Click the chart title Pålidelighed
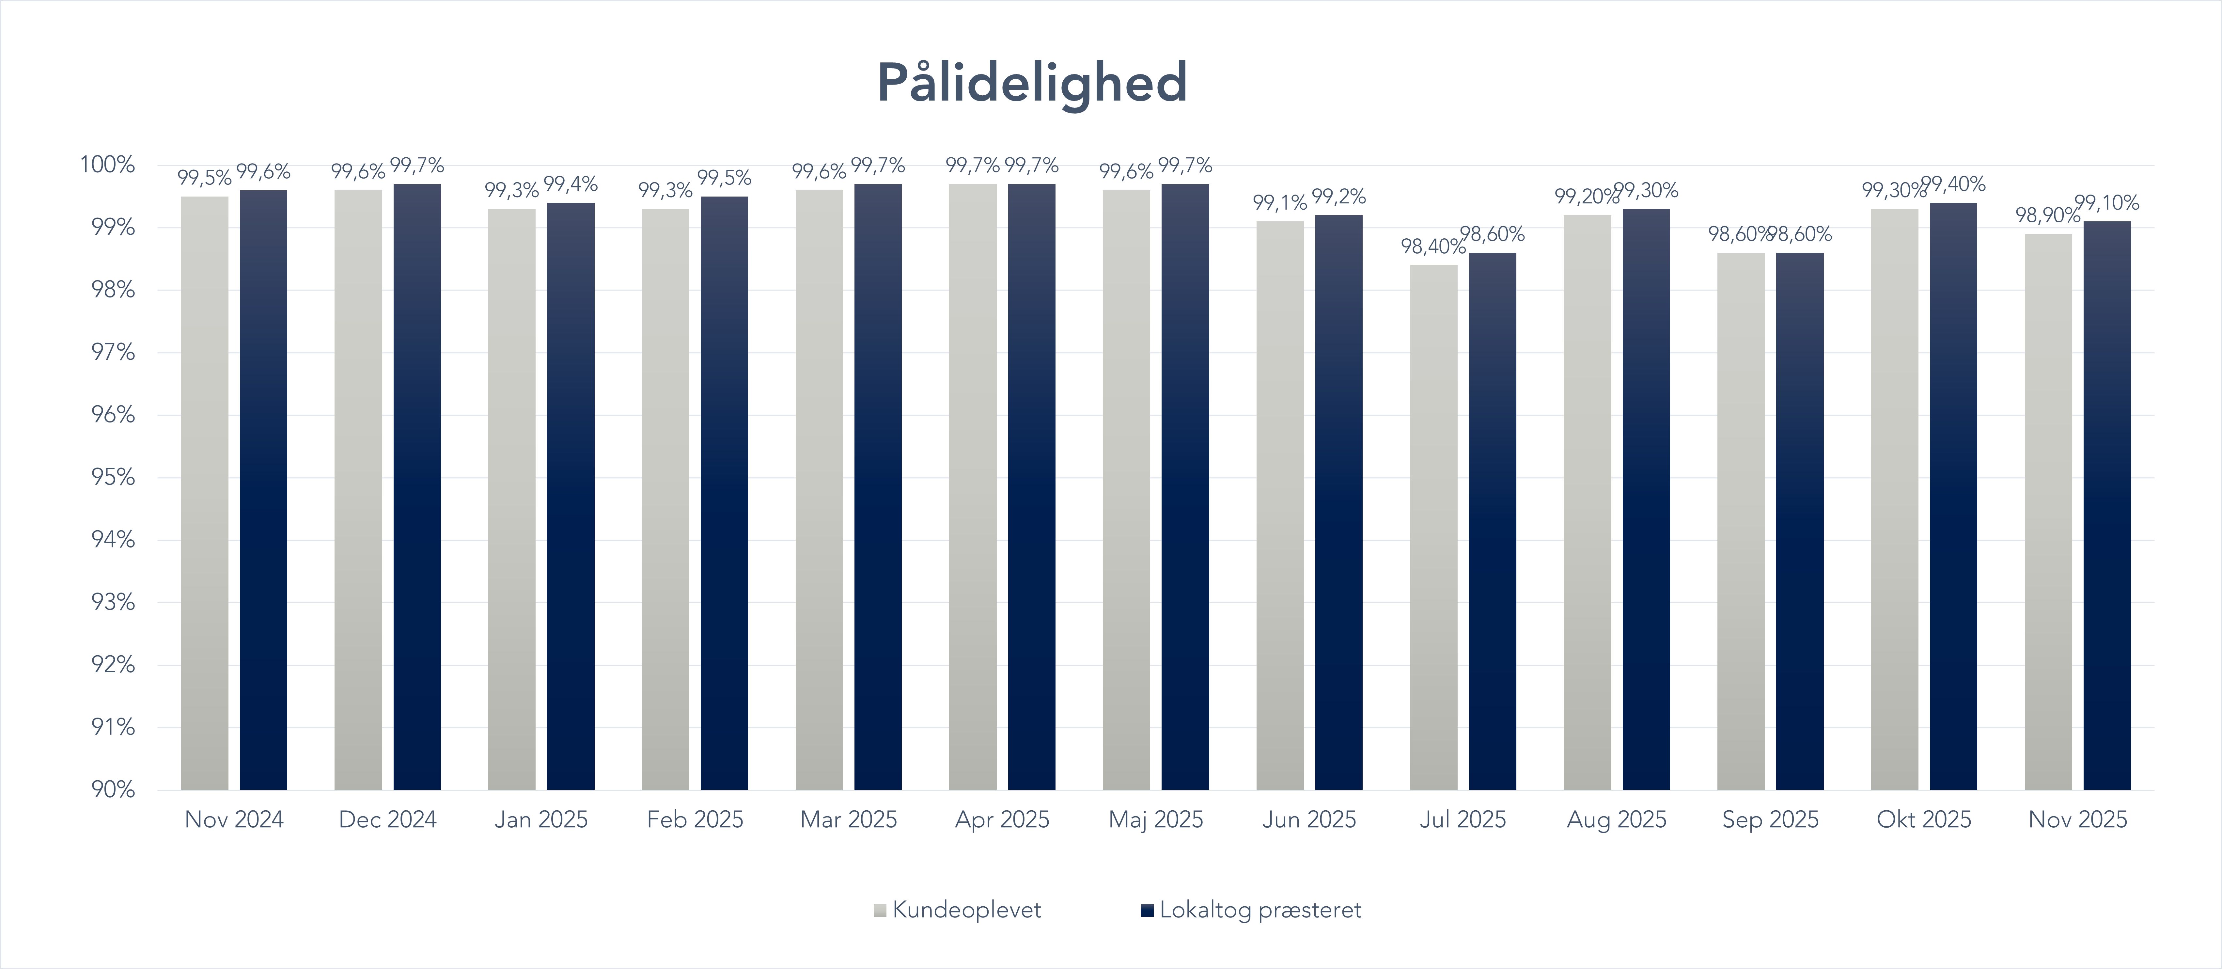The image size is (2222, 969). [1033, 83]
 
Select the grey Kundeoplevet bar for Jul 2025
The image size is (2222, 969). [1433, 526]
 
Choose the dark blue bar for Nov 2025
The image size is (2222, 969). [2106, 505]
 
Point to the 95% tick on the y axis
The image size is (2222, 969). [113, 477]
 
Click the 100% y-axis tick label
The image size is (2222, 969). [108, 165]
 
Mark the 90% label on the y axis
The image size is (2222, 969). [113, 789]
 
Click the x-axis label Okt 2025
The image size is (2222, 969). [1924, 820]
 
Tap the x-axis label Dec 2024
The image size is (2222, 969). [387, 820]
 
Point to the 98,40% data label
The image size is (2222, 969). [1432, 247]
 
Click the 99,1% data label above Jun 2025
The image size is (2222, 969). [1279, 203]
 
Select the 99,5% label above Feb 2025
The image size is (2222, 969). [724, 178]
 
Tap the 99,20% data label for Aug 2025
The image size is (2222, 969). [1586, 197]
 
